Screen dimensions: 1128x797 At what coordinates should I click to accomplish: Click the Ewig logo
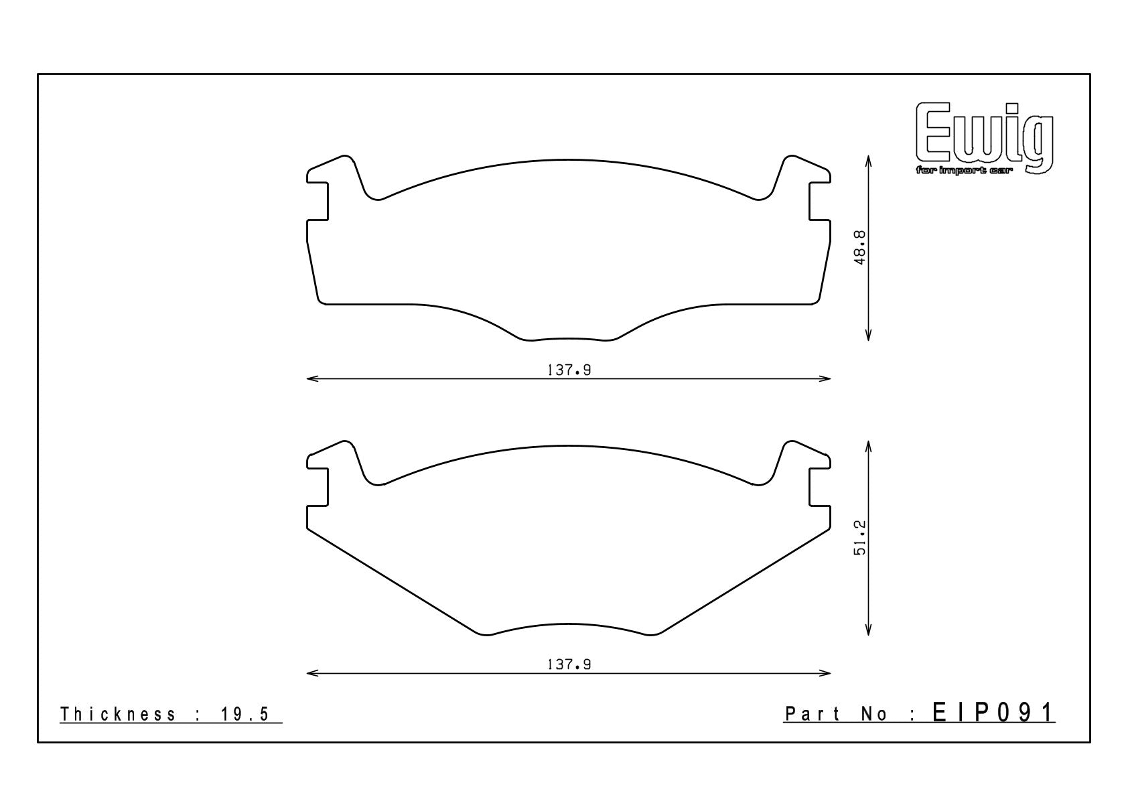pyautogui.click(x=984, y=139)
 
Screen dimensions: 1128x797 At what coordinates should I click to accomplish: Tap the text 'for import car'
pyautogui.click(x=965, y=171)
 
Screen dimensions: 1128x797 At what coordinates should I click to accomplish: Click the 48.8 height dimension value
pyautogui.click(x=860, y=248)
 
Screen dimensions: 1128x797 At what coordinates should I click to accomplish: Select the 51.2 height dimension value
pyautogui.click(x=860, y=538)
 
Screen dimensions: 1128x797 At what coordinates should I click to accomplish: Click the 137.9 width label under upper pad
pyautogui.click(x=569, y=370)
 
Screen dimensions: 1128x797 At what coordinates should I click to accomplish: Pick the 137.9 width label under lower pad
pyautogui.click(x=569, y=664)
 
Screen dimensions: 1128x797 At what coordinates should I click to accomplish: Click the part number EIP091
pyautogui.click(x=993, y=713)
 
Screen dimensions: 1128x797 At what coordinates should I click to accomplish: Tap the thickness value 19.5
pyautogui.click(x=245, y=714)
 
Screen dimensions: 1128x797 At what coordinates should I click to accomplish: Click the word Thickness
pyautogui.click(x=118, y=714)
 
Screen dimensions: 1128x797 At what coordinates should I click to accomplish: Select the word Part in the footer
pyautogui.click(x=813, y=714)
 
